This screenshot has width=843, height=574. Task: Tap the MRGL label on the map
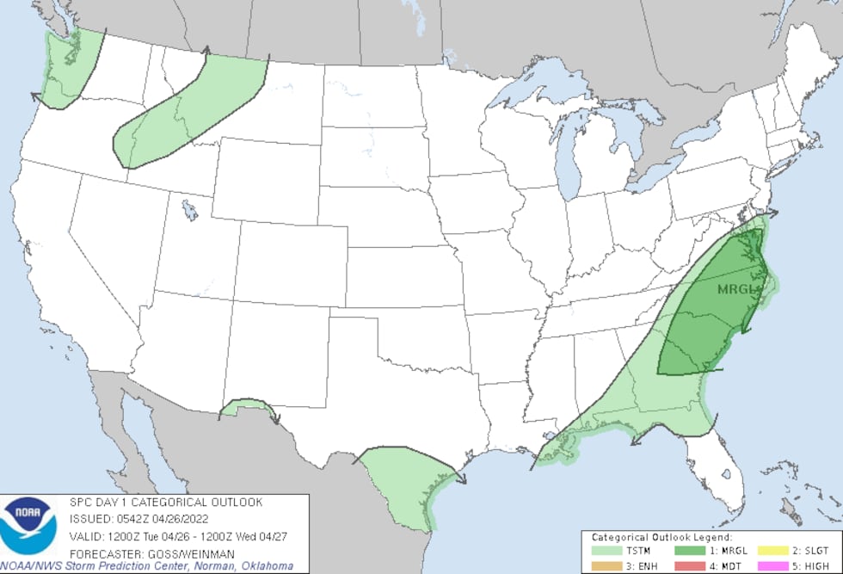click(x=737, y=289)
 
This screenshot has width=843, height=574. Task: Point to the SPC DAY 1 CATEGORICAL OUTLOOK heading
click(x=166, y=503)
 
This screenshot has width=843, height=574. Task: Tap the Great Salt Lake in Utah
click(x=188, y=210)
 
